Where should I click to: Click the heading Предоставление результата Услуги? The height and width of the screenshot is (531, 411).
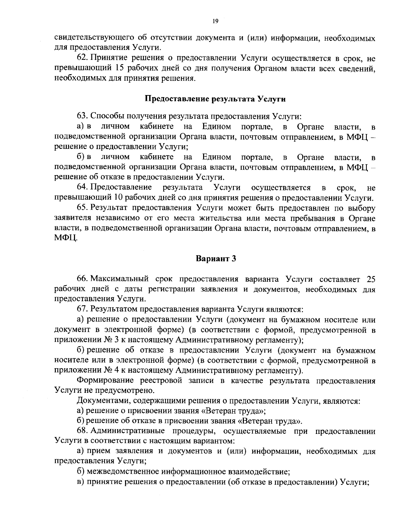[215, 99]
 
